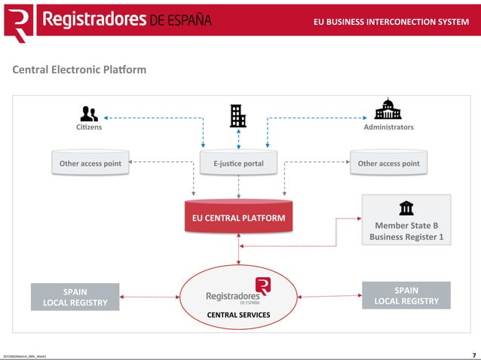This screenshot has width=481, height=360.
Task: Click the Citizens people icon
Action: coord(89,114)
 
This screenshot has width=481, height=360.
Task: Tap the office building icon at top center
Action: coord(238,115)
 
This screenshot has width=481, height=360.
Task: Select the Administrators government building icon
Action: coord(388,110)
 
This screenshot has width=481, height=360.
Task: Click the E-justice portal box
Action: coord(238,163)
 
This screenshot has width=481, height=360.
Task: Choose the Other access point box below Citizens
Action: coord(90,163)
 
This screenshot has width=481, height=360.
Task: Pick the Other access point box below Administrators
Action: coord(388,163)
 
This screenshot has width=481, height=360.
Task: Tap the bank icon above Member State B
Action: coord(406,208)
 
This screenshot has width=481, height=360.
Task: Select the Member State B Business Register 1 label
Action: coord(406,230)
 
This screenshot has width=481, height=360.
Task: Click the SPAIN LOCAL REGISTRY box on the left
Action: coord(75,297)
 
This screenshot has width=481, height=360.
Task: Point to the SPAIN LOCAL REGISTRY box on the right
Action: coord(406,295)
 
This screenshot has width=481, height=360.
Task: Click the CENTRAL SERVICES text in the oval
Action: coord(238,315)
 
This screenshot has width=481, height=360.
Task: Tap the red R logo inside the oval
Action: coord(262,286)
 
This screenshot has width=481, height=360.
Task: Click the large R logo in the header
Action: coord(19,22)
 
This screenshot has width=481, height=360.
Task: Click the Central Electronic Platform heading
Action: coord(79,70)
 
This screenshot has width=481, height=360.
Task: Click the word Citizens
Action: coord(89,127)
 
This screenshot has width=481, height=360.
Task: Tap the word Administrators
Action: coord(388,127)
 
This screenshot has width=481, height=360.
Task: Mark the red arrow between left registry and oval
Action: coord(149,297)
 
